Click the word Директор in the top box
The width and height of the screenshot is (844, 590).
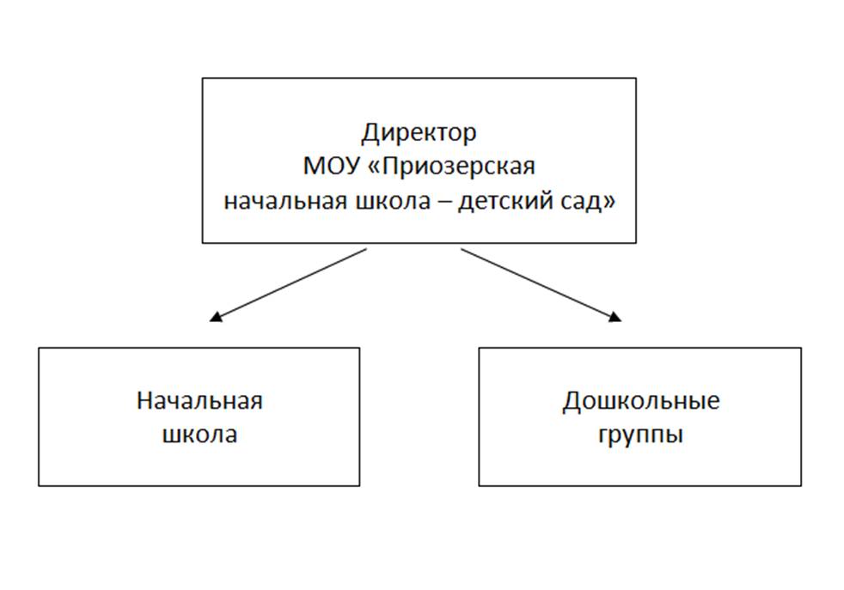pos(419,133)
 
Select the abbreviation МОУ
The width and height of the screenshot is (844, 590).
pos(332,166)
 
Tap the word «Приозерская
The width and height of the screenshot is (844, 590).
pos(451,167)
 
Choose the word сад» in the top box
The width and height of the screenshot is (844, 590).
pos(587,202)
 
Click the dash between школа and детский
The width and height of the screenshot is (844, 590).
pos(444,203)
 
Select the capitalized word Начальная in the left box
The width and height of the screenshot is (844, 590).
pos(199,401)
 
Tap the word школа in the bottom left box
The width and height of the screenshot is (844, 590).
pos(199,435)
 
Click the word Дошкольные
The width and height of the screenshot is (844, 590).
pos(641,402)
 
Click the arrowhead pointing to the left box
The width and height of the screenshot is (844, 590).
pos(216,317)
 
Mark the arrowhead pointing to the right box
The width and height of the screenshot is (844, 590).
pos(615,317)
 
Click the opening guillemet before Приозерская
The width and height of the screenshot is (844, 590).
pos(374,167)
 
